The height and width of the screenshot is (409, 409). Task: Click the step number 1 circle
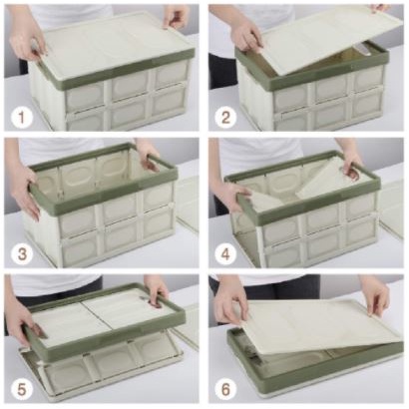21,118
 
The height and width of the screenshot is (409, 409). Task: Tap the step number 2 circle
225,118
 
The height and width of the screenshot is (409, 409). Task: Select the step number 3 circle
22,254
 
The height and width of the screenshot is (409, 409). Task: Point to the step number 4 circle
225,254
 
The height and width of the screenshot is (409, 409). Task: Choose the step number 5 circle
21,390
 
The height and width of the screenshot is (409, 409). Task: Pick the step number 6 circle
225,390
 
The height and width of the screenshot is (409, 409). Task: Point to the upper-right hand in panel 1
176,17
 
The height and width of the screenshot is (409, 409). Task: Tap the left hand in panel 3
25,190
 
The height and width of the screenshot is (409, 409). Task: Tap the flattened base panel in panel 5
100,369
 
